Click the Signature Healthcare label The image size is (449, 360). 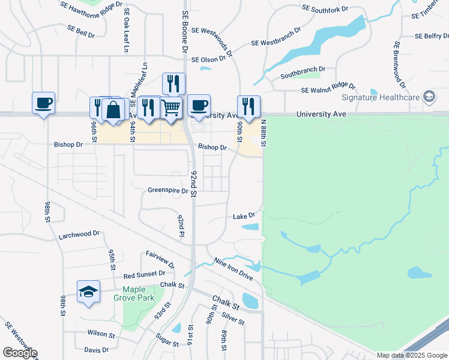pyautogui.click(x=379, y=97)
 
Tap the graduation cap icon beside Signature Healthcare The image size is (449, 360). pyautogui.click(x=429, y=97)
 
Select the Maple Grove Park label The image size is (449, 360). pyautogui.click(x=134, y=293)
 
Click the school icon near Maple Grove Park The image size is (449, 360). pyautogui.click(x=89, y=292)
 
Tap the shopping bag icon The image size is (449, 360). pyautogui.click(x=113, y=110)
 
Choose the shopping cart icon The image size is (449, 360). pyautogui.click(x=172, y=108)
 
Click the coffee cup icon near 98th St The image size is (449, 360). pyautogui.click(x=43, y=103)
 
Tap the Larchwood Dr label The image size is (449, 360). pyautogui.click(x=78, y=235)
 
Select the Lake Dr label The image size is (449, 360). pyautogui.click(x=244, y=215)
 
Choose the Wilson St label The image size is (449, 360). pyautogui.click(x=101, y=334)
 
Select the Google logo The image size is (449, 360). pyautogui.click(x=19, y=353)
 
